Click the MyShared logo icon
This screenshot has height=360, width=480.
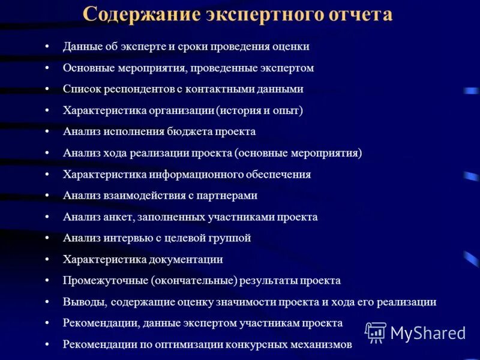(376, 332)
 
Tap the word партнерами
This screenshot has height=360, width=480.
(230, 196)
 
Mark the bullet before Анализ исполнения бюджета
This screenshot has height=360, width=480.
(47, 132)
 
